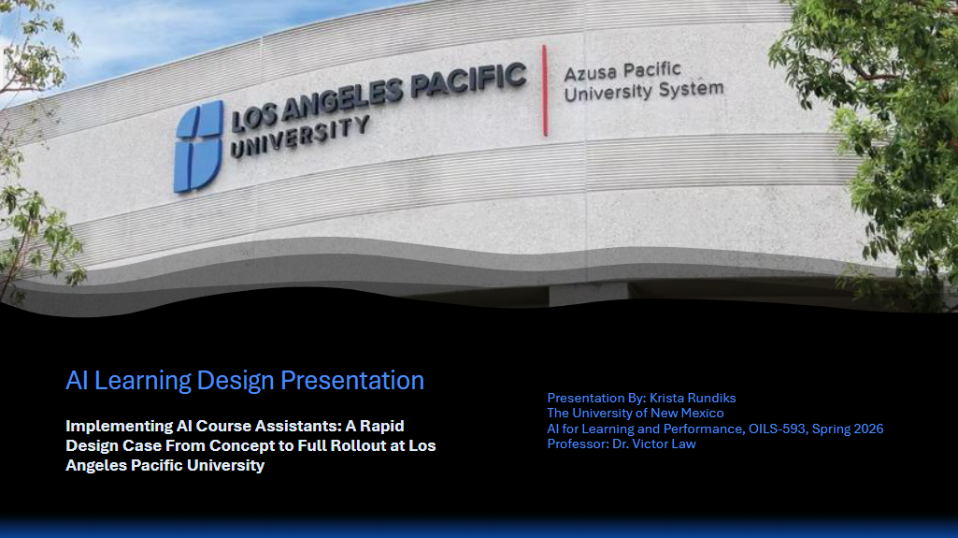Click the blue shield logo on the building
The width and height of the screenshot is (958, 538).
point(198,147)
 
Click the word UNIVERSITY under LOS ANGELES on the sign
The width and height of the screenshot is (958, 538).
point(299,137)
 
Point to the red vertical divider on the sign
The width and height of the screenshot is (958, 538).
point(544,90)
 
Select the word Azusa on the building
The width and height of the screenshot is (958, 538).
point(592,74)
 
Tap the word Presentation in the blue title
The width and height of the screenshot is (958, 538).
point(352,381)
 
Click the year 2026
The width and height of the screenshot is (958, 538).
point(868,429)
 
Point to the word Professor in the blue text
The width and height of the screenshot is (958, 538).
point(578,443)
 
